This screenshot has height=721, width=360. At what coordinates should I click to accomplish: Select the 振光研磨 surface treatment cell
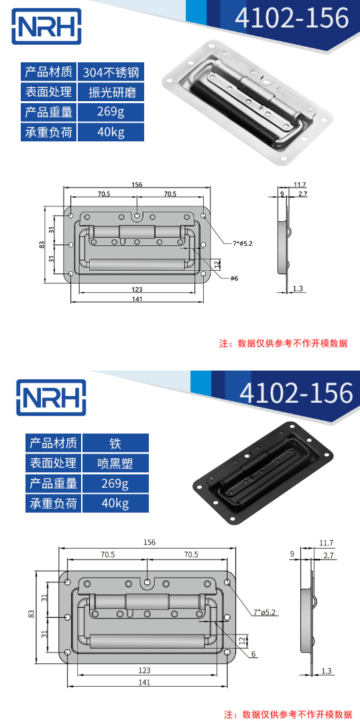pos(111,92)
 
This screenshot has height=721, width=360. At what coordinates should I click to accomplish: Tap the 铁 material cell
pos(115,444)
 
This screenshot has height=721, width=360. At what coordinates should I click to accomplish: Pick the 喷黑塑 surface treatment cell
pos(115,464)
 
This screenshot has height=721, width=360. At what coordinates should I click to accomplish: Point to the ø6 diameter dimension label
pos(235,277)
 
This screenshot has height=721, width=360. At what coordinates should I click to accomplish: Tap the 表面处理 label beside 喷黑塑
pos(53,464)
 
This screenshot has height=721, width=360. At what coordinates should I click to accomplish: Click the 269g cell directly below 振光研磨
pos(111,112)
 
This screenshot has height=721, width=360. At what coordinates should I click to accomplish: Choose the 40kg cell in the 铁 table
pos(115,503)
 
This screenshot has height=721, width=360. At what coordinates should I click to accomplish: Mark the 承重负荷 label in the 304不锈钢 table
pos(50,131)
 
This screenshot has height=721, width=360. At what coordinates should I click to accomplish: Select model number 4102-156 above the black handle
pos(296,393)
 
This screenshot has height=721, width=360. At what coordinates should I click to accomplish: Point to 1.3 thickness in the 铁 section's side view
pos(326,671)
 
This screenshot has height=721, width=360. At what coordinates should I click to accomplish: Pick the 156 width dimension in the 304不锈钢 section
pos(137,184)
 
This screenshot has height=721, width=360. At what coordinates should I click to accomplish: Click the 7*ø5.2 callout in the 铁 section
pos(266,612)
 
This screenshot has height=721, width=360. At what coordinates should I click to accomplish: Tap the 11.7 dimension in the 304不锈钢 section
pos(300,184)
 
